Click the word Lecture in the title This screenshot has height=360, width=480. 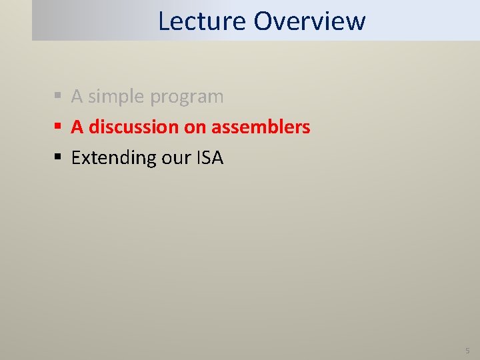point(202,21)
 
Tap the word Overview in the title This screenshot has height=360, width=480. point(309,21)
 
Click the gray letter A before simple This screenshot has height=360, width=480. point(77,97)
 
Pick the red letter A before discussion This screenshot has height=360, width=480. point(77,127)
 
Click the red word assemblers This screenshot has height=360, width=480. point(261,127)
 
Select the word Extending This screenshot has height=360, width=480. point(113,158)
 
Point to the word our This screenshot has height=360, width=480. point(175,158)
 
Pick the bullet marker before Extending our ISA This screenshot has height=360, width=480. point(59,158)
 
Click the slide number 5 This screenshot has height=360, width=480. point(467,350)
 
